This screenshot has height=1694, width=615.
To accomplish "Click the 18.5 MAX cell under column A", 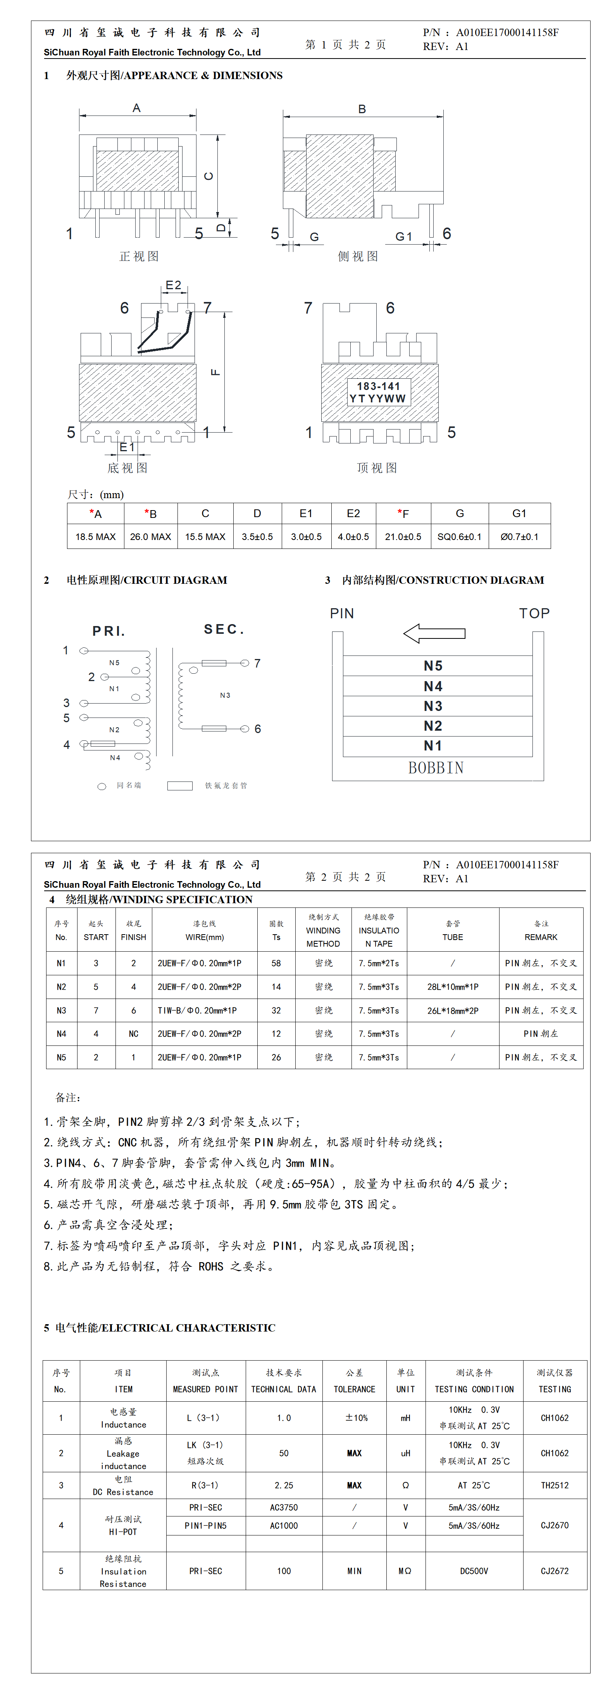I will (95, 536).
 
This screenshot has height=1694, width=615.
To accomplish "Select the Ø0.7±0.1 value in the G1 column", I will (519, 536).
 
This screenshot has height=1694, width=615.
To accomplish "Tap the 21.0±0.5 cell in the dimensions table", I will (403, 536).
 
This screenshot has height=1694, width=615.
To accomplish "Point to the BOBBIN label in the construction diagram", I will (436, 768).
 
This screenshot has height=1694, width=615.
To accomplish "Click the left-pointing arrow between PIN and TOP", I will (434, 633).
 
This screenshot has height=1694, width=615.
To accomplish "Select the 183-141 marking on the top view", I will (378, 386).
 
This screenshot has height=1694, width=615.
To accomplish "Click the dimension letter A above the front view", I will (137, 108).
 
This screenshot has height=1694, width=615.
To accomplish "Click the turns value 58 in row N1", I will (276, 963).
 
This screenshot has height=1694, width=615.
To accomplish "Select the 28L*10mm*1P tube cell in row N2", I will (453, 987).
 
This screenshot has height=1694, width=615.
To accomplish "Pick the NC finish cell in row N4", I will (134, 1034).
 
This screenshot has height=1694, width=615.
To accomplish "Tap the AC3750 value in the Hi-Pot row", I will (284, 1507).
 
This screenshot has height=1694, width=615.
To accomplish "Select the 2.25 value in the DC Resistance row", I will (284, 1485).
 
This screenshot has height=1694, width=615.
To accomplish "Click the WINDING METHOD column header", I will (323, 930).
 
